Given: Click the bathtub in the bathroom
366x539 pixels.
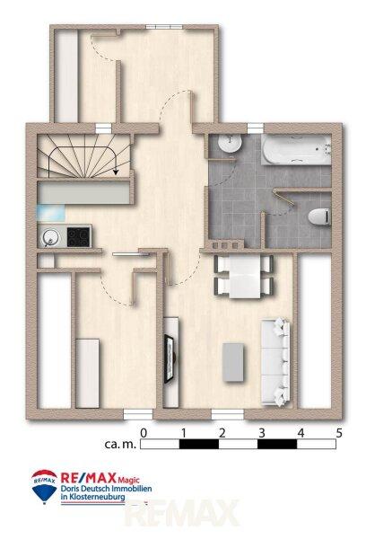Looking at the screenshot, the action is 296,149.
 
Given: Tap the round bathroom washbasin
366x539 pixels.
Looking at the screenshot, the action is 231,143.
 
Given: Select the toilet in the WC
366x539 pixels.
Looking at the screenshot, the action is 319,216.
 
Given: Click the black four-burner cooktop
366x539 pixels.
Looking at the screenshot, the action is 78,237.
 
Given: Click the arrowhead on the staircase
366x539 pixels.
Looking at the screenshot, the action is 116,171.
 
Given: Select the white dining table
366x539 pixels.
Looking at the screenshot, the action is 245,278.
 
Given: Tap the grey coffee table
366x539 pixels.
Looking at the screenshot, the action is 233,362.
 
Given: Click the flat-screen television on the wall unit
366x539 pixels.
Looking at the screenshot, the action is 170,359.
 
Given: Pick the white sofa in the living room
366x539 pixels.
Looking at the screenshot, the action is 275,362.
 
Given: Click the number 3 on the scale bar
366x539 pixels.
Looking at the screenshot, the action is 262,433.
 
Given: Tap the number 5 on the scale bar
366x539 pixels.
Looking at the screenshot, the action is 339,433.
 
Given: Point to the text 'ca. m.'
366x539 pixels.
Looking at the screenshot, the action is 120,444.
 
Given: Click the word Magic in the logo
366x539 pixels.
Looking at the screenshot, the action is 129,480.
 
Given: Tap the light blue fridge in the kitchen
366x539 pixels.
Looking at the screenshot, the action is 51,212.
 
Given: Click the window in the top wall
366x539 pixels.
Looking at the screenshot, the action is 164,27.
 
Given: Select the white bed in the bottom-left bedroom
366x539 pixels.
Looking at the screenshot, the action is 88,374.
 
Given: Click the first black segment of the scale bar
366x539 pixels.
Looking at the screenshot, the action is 199,444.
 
